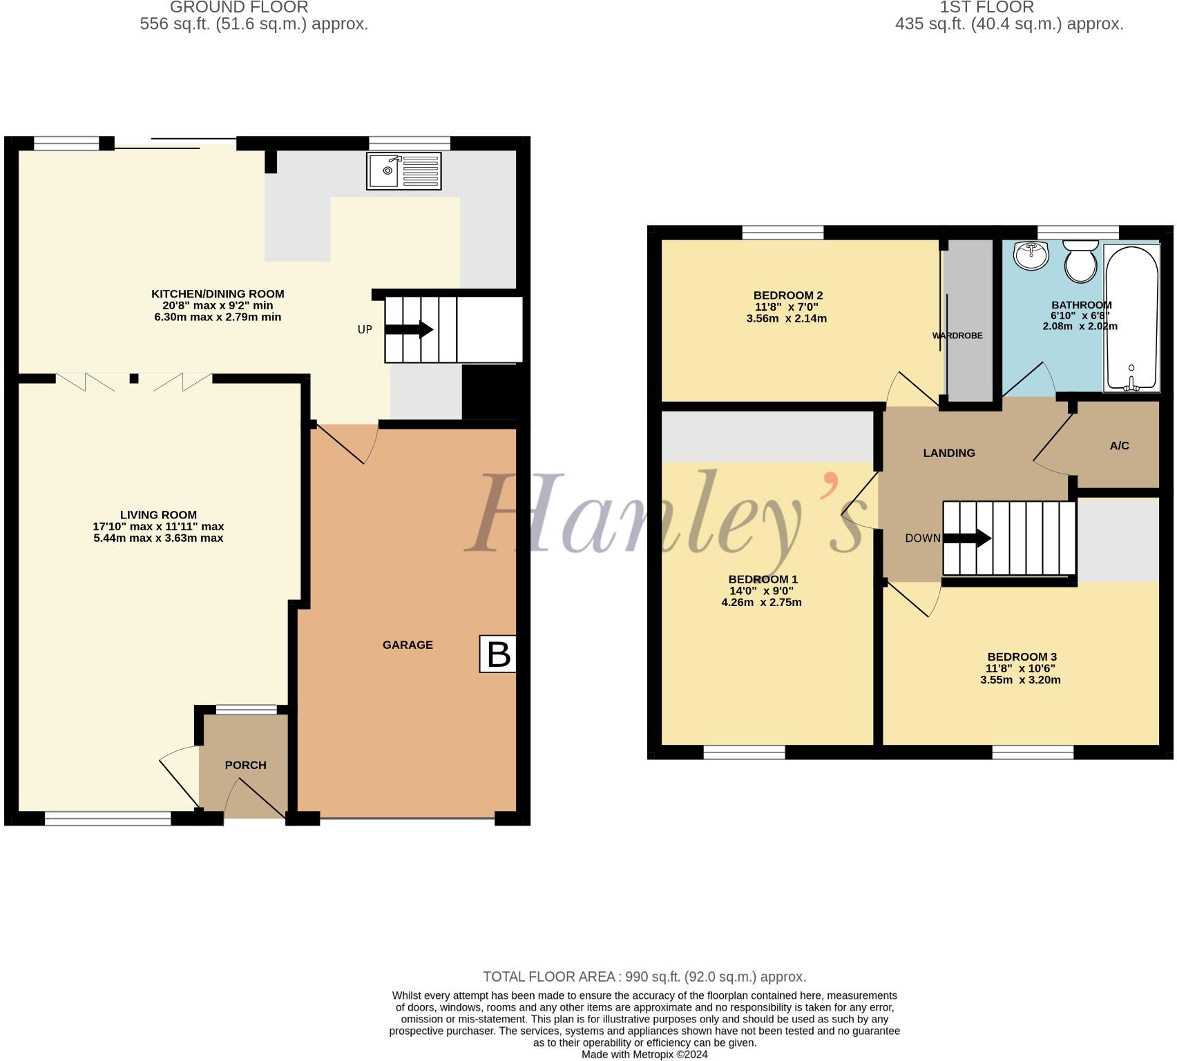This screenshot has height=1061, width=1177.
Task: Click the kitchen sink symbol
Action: tap(404, 171)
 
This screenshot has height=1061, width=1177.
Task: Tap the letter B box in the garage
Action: tap(498, 654)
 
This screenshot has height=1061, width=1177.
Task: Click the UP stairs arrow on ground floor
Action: tap(409, 330)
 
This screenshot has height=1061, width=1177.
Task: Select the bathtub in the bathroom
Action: tap(1131, 318)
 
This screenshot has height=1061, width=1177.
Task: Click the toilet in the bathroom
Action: tap(1081, 260)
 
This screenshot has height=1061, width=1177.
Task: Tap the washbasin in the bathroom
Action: tap(1031, 255)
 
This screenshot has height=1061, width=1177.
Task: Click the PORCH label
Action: tap(245, 765)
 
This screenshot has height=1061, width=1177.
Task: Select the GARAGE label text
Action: tap(408, 645)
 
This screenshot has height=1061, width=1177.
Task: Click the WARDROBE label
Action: tap(957, 335)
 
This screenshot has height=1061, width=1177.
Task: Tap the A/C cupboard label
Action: tap(1119, 446)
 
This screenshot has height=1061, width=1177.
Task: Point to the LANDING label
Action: tap(949, 453)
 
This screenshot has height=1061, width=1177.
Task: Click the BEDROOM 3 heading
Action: tap(1022, 656)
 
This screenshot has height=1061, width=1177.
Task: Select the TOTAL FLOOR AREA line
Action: tap(644, 977)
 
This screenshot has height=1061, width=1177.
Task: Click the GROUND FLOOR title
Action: tap(239, 8)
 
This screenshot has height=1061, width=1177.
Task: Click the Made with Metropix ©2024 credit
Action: tap(644, 1054)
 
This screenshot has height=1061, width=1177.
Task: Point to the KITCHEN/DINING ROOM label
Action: tap(218, 293)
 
